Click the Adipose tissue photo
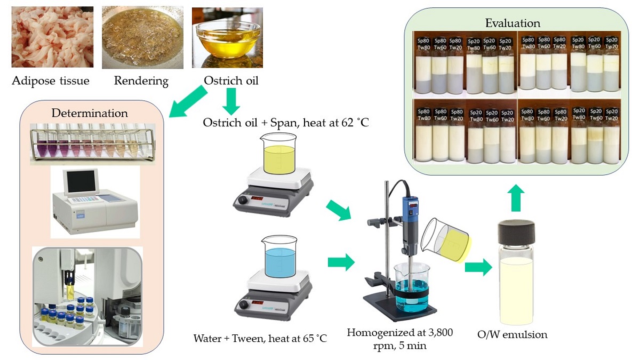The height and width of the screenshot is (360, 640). click(52, 37)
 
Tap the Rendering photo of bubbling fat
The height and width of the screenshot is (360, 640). click(142, 37)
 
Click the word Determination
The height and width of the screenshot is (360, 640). click(90, 113)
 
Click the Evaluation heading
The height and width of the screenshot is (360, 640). click(513, 23)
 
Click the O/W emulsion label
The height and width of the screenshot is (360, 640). click(513, 335)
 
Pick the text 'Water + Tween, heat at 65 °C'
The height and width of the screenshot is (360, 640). click(260, 338)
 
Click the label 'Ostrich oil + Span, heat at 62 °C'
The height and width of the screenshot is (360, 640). click(286, 122)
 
